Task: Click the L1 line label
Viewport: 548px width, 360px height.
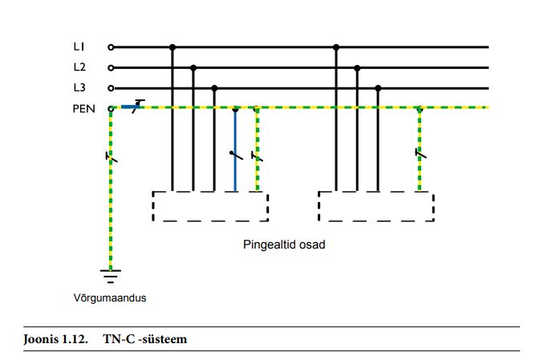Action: (79, 47)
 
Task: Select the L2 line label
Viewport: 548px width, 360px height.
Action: (79, 67)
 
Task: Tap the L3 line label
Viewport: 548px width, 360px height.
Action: (79, 87)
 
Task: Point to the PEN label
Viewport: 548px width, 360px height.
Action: (83, 107)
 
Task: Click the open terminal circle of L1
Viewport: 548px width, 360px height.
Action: (112, 47)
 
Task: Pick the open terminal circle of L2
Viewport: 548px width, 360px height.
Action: (112, 67)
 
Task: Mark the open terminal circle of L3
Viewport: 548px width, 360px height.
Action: (112, 88)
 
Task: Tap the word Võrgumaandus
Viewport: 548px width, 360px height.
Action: (109, 298)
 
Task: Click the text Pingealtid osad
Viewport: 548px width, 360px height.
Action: (283, 245)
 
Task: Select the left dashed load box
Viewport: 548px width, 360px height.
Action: (210, 206)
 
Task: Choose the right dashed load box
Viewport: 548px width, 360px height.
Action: (376, 206)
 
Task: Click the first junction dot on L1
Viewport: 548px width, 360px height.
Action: (172, 47)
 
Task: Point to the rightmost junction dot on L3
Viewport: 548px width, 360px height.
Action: (378, 88)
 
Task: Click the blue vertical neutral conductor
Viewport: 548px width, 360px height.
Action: (235, 160)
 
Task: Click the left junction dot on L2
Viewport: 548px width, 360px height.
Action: (193, 67)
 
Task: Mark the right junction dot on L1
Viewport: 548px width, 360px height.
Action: (336, 47)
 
